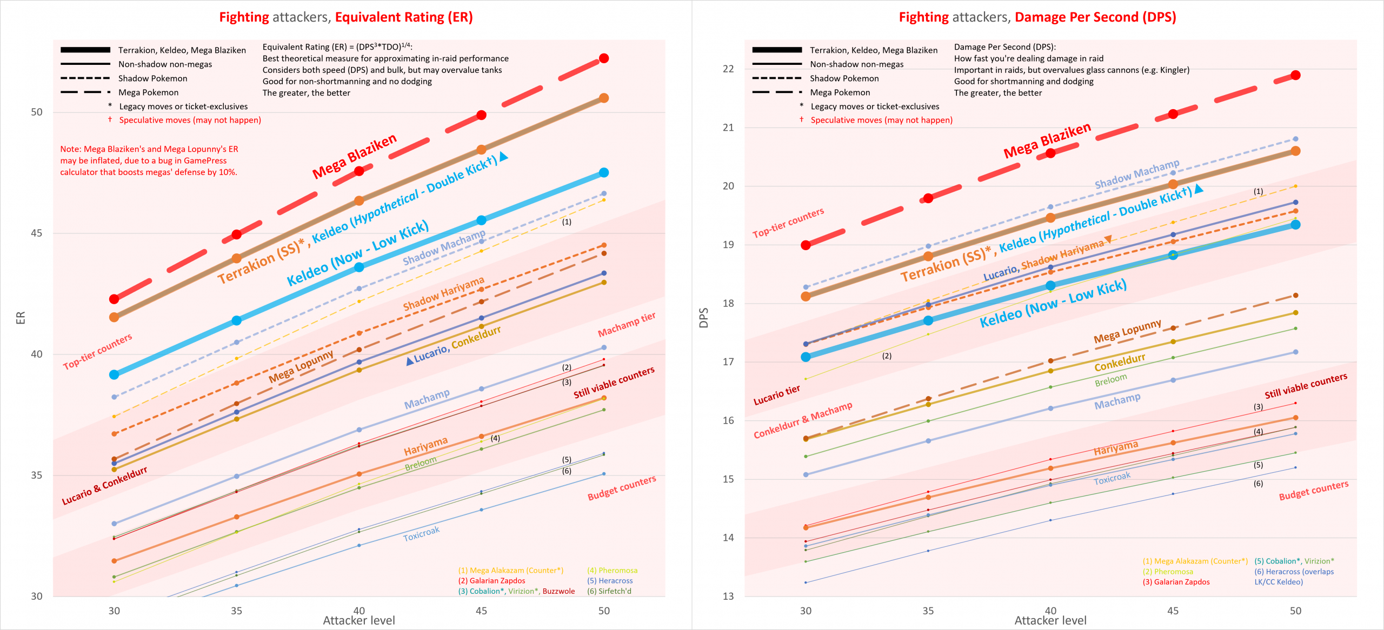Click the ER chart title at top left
pyautogui.click(x=346, y=17)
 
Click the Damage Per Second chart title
pyautogui.click(x=1037, y=17)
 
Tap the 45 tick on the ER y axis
pyautogui.click(x=36, y=233)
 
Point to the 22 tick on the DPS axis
pyautogui.click(x=728, y=69)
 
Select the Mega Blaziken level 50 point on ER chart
pyautogui.click(x=604, y=58)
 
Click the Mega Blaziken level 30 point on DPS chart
pyautogui.click(x=806, y=245)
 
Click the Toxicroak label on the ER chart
pyautogui.click(x=421, y=534)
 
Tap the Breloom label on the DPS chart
pyautogui.click(x=1110, y=380)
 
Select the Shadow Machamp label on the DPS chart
pyautogui.click(x=1136, y=174)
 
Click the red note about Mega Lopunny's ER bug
pyautogui.click(x=149, y=160)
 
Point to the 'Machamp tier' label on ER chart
pyautogui.click(x=626, y=324)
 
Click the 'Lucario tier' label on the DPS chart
pyautogui.click(x=776, y=395)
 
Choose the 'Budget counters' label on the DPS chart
pyautogui.click(x=1313, y=490)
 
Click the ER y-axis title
pyautogui.click(x=21, y=318)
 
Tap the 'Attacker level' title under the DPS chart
pyautogui.click(x=1050, y=620)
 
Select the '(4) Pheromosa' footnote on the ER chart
pyautogui.click(x=612, y=571)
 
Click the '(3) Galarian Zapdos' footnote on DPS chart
pyautogui.click(x=1176, y=582)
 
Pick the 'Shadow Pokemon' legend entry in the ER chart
pyautogui.click(x=152, y=78)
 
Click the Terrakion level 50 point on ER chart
pyautogui.click(x=604, y=98)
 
